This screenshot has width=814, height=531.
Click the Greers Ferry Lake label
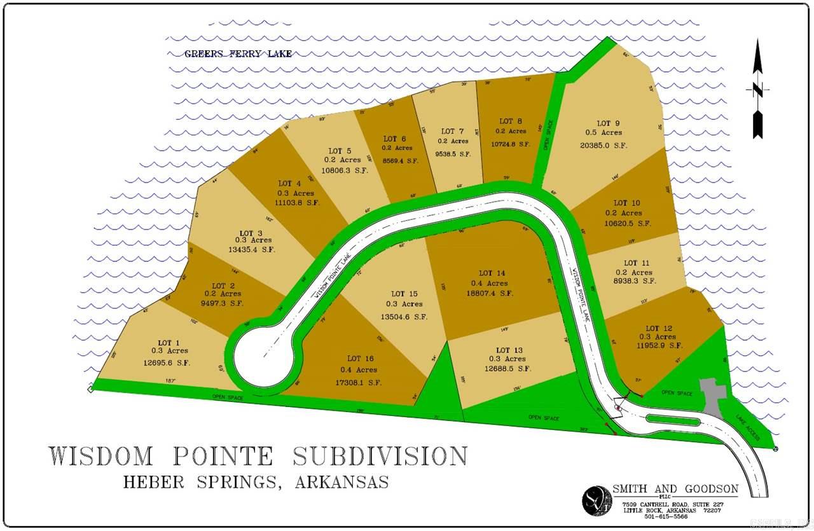[238, 54]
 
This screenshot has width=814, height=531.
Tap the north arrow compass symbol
[757, 89]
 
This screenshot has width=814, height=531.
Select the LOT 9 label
[604, 123]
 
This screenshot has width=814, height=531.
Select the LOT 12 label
[659, 328]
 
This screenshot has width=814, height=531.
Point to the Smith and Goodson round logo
[597, 500]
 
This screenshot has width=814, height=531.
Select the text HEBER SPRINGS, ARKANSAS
[256, 481]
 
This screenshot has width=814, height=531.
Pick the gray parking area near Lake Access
[711, 395]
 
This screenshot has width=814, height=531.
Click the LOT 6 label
[394, 139]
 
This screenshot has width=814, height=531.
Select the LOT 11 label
[636, 263]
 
